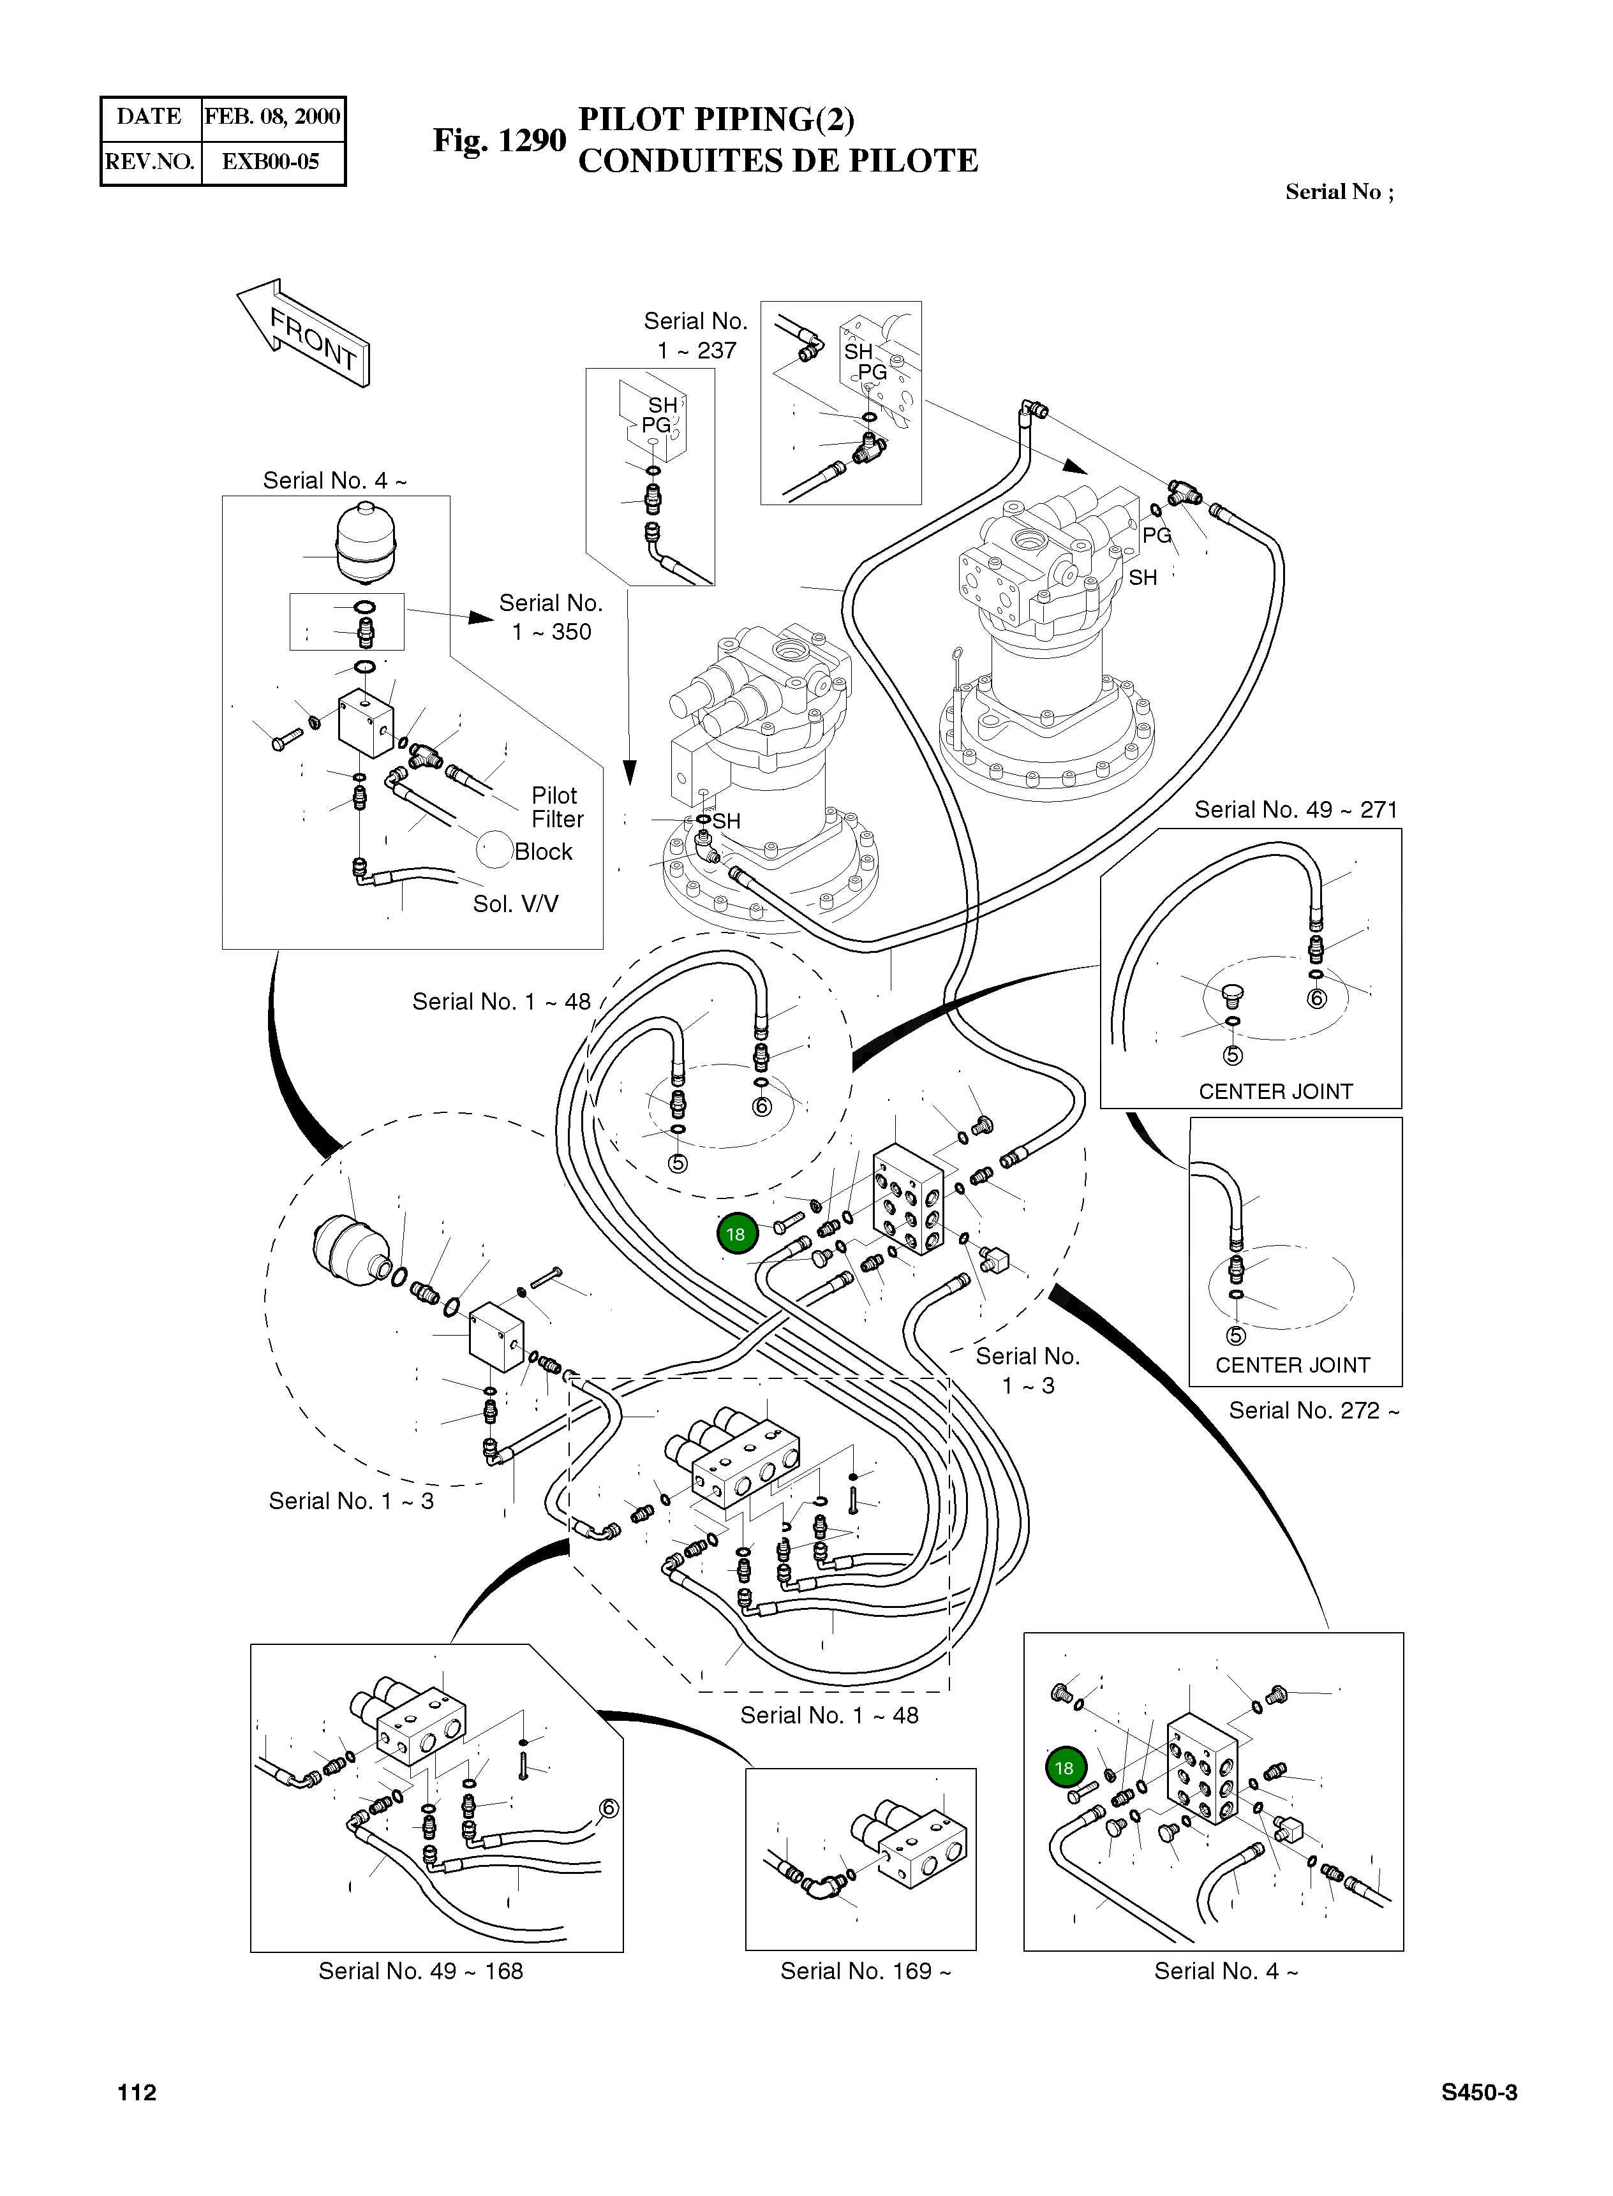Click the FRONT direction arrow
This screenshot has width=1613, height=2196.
(x=304, y=333)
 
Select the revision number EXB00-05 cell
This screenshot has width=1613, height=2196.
(x=271, y=162)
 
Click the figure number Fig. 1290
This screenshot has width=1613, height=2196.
(x=499, y=140)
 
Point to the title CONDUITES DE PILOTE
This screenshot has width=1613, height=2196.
(x=777, y=161)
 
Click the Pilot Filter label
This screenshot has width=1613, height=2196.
(x=556, y=807)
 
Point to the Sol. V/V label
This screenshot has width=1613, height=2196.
(x=516, y=904)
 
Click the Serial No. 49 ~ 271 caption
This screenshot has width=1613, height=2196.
(x=1296, y=809)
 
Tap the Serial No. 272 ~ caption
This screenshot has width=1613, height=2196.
(x=1313, y=1410)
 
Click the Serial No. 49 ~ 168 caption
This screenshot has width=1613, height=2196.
(x=421, y=1971)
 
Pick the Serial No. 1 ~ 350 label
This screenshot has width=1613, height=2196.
(x=551, y=617)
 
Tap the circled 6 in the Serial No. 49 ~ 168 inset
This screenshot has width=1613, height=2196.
(x=608, y=1809)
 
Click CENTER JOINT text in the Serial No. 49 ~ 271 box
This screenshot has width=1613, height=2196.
(x=1275, y=1091)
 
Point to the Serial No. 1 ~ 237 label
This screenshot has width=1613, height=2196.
(x=695, y=335)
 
